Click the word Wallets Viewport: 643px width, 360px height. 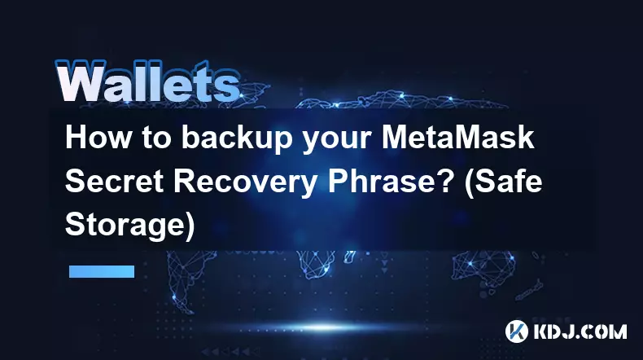147,81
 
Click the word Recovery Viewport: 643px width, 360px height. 245,183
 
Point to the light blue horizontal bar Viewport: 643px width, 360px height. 102,271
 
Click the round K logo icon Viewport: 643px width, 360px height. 517,331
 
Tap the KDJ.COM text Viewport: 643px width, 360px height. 580,331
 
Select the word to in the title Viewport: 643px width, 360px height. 156,138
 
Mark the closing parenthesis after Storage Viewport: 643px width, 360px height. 190,226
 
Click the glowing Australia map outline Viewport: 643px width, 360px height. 483,268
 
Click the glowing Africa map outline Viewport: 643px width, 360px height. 316,264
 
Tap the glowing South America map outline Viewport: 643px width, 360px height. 181,279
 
